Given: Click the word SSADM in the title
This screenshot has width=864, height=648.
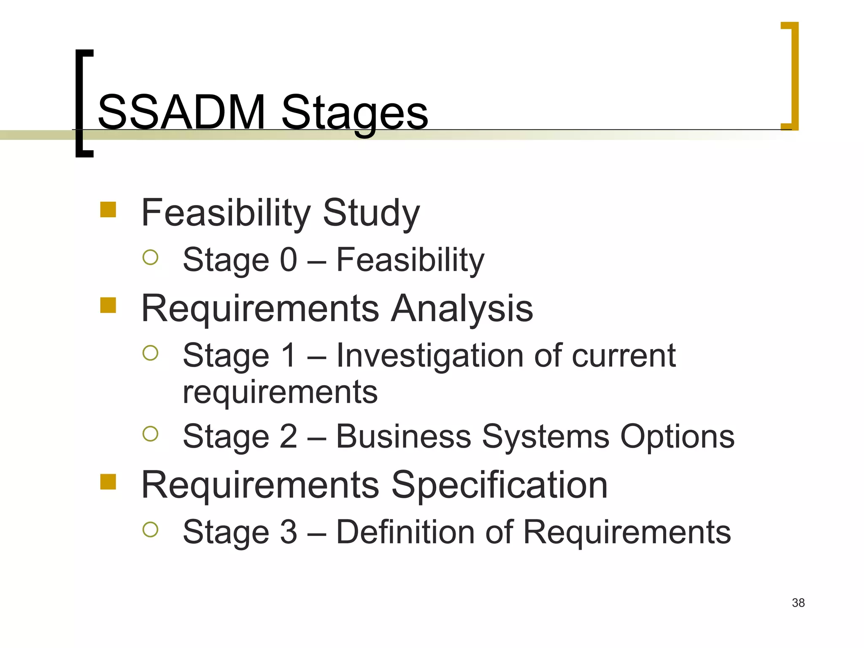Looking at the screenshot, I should [x=181, y=112].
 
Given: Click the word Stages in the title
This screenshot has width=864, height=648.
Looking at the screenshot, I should [x=354, y=113].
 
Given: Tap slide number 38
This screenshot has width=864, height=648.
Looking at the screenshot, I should [x=798, y=603].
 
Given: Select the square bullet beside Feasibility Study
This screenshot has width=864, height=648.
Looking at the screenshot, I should [x=108, y=210].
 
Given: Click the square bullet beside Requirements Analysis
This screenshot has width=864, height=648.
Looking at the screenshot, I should [x=108, y=305].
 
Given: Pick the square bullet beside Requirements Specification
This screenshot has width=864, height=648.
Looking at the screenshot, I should [x=108, y=482].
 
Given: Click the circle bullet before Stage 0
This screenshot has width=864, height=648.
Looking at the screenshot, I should [x=150, y=257].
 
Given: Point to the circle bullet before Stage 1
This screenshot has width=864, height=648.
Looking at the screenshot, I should [x=150, y=353].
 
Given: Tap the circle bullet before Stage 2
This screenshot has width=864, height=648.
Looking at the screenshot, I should [x=150, y=434].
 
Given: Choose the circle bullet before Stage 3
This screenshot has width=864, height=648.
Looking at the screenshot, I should [x=150, y=529].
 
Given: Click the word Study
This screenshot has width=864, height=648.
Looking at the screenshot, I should [x=371, y=213].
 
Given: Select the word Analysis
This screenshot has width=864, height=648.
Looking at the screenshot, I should [x=462, y=308].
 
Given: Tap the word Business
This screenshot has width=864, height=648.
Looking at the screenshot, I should [x=403, y=436].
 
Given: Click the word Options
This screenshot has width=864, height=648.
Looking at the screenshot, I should [x=677, y=437].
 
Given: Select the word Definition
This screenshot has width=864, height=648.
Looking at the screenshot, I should [x=405, y=532].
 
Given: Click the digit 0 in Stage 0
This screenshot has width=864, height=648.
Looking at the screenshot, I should [x=289, y=260].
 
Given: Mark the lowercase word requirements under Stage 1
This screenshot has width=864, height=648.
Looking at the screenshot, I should [x=280, y=392].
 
